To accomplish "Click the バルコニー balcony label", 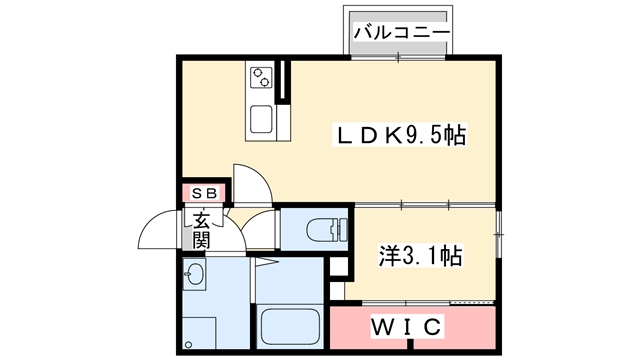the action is [402, 32].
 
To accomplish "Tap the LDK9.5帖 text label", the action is [400, 135].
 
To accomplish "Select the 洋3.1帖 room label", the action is [421, 256].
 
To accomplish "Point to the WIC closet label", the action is [406, 327].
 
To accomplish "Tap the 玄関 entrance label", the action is [201, 230].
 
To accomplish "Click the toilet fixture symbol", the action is [327, 230].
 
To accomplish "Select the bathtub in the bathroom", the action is [290, 326].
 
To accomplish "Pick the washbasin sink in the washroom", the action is [194, 274].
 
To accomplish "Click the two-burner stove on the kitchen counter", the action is [261, 77].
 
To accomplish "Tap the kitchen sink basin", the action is [261, 119].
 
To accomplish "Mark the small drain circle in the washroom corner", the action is [188, 344].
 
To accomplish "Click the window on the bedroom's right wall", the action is [498, 234].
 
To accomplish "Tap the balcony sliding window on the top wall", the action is [398, 57].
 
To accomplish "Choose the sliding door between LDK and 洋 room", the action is [424, 205].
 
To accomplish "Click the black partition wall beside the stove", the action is [282, 81].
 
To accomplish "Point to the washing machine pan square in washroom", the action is [199, 333].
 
